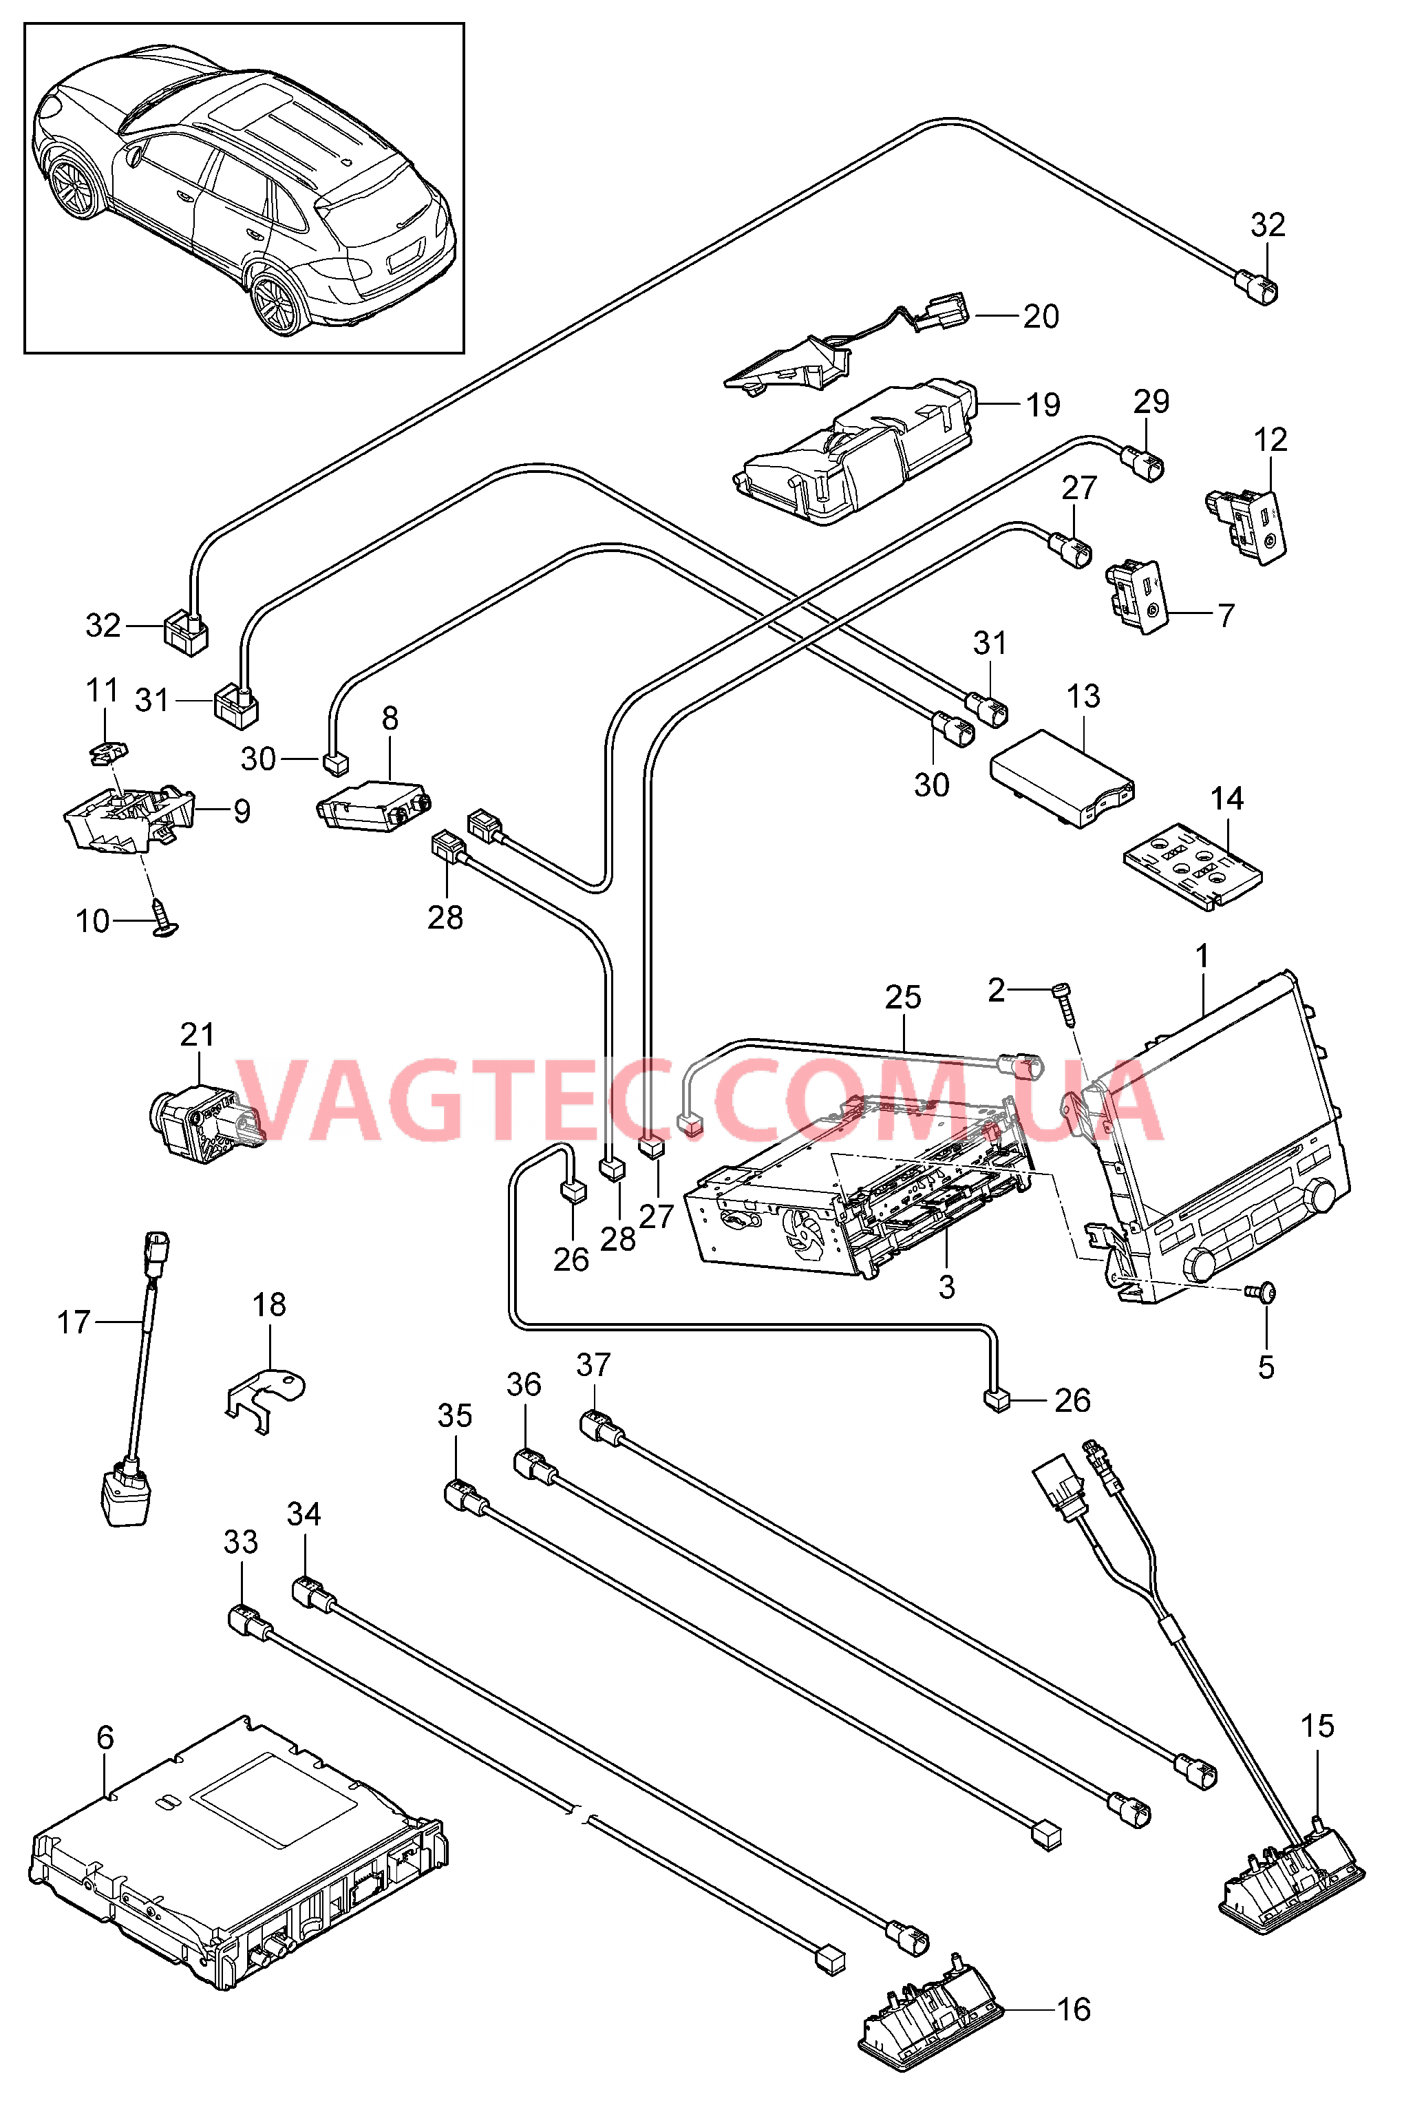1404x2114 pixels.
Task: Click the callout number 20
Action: click(1041, 316)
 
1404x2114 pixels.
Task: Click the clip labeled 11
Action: click(108, 753)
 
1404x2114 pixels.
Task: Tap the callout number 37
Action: click(593, 1366)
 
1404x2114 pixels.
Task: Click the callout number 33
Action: click(240, 1542)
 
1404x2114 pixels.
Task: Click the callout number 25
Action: click(902, 997)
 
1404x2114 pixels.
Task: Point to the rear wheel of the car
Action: click(277, 300)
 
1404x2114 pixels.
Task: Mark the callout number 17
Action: click(74, 1322)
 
